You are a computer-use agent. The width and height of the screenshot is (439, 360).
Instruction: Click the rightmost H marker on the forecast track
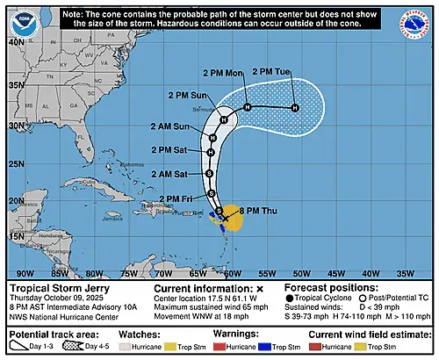pyautogui.click(x=295, y=108)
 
